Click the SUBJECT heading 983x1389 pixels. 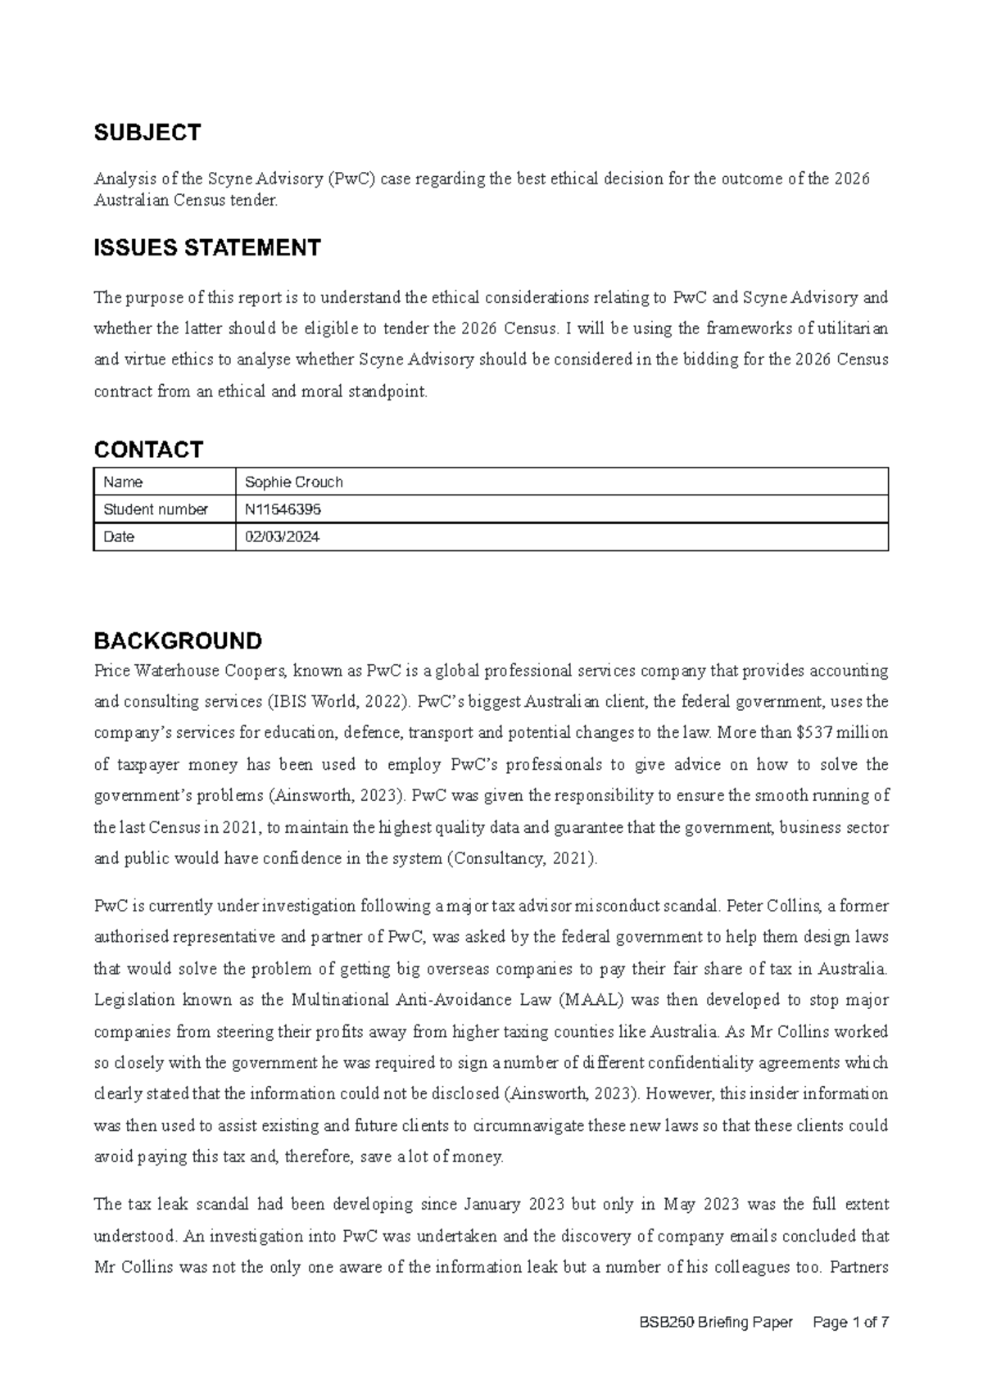tap(147, 133)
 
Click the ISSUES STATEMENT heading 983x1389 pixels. tap(207, 247)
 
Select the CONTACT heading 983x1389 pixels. tap(148, 449)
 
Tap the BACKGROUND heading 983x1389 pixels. tap(178, 640)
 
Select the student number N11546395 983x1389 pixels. tap(283, 509)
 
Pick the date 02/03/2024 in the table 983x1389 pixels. tap(282, 537)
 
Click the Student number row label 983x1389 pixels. tap(155, 509)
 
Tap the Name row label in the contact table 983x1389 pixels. tap(123, 482)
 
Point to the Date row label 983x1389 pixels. tap(119, 537)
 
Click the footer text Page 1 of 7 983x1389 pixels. tap(850, 1323)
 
